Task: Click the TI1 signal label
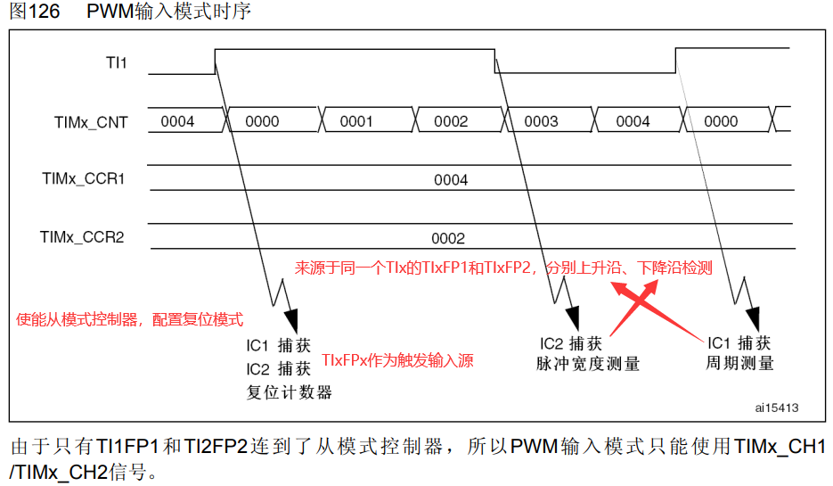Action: pyautogui.click(x=116, y=62)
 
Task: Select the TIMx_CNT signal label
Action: pyautogui.click(x=91, y=122)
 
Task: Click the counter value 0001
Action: pyautogui.click(x=356, y=122)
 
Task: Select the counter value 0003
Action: pyautogui.click(x=541, y=122)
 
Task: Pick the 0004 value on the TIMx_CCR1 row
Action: pyautogui.click(x=451, y=180)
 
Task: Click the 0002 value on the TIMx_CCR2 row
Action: pyautogui.click(x=448, y=239)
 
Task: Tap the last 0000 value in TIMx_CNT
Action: pyautogui.click(x=721, y=122)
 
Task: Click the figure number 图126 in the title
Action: pyautogui.click(x=35, y=12)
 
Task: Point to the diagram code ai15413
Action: pyautogui.click(x=777, y=408)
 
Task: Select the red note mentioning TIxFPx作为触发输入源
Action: pyautogui.click(x=397, y=360)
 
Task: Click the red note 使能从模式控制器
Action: pyautogui.click(x=130, y=319)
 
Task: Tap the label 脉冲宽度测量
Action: pyautogui.click(x=588, y=364)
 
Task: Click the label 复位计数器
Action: pyautogui.click(x=289, y=392)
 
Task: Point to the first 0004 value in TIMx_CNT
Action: pyautogui.click(x=177, y=122)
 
